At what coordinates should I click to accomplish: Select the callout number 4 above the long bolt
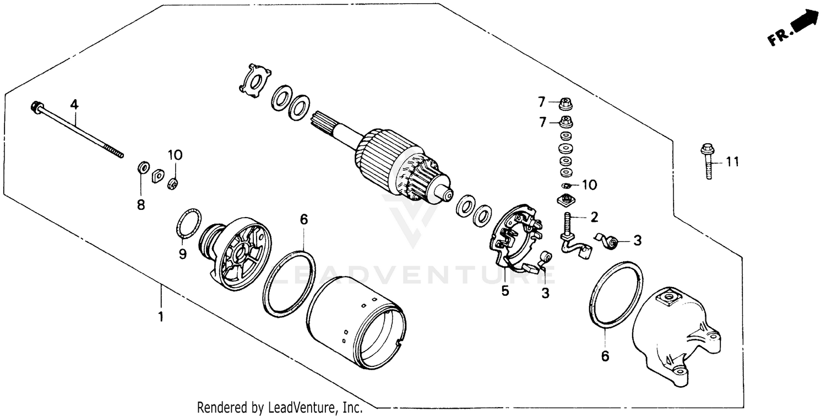(74, 104)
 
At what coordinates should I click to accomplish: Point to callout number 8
(141, 205)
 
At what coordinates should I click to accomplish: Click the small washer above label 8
(142, 166)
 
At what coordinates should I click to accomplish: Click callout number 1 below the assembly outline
(161, 318)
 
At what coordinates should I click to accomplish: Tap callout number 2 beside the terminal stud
(594, 216)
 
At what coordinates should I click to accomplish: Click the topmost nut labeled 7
(564, 102)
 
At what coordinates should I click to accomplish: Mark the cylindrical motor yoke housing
(358, 325)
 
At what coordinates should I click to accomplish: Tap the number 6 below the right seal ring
(605, 356)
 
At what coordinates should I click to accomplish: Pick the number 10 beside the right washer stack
(589, 185)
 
